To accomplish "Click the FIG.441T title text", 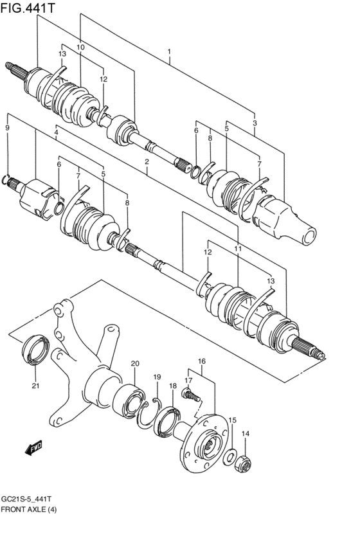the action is tap(28, 7).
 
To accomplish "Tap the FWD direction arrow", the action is tap(33, 447).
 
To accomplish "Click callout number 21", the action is tap(35, 386).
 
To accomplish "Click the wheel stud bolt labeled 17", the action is tap(190, 395).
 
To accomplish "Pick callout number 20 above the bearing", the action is tap(135, 364).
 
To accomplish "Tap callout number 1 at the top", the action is tap(169, 51).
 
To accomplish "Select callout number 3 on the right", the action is tap(255, 123).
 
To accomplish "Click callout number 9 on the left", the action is tap(7, 128).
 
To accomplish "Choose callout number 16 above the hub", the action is tap(202, 361).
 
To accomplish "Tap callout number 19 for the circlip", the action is tap(157, 377).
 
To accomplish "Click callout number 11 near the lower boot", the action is tap(238, 249).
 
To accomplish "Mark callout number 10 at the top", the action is tap(80, 47).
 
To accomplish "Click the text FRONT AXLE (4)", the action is tap(29, 509).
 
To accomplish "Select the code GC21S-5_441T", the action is tap(27, 499).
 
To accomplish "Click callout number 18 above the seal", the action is tap(173, 386).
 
